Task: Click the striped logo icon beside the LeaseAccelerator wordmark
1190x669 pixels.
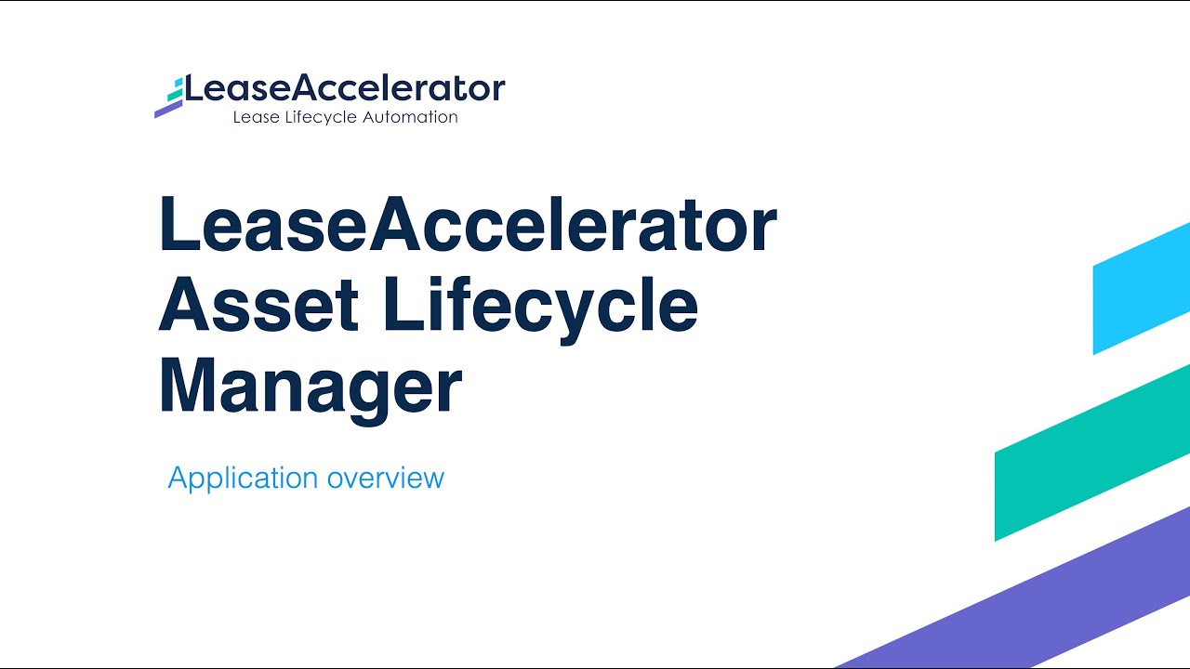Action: (169, 97)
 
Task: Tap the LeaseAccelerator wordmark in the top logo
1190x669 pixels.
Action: (345, 88)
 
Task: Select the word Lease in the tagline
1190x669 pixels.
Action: (254, 117)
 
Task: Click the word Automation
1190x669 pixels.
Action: (412, 117)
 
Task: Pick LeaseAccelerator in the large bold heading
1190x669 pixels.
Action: (468, 226)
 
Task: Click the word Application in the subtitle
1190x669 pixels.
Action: (243, 478)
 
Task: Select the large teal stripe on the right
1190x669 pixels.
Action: (1092, 453)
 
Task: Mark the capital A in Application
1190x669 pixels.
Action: (178, 478)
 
